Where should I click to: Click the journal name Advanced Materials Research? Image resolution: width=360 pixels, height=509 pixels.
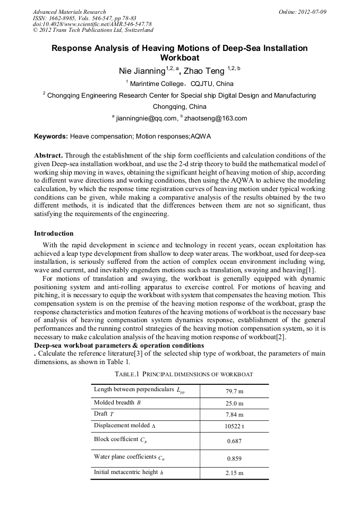[69, 12]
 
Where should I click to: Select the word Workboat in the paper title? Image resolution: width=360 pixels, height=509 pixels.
[179, 58]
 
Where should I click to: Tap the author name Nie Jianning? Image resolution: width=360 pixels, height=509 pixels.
[142, 71]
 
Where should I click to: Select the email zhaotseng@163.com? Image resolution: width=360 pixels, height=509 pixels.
[215, 118]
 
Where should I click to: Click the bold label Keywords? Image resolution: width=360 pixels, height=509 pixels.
[51, 136]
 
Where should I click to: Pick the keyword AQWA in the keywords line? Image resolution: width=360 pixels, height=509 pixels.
[201, 136]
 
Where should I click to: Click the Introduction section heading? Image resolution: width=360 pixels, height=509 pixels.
[54, 234]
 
